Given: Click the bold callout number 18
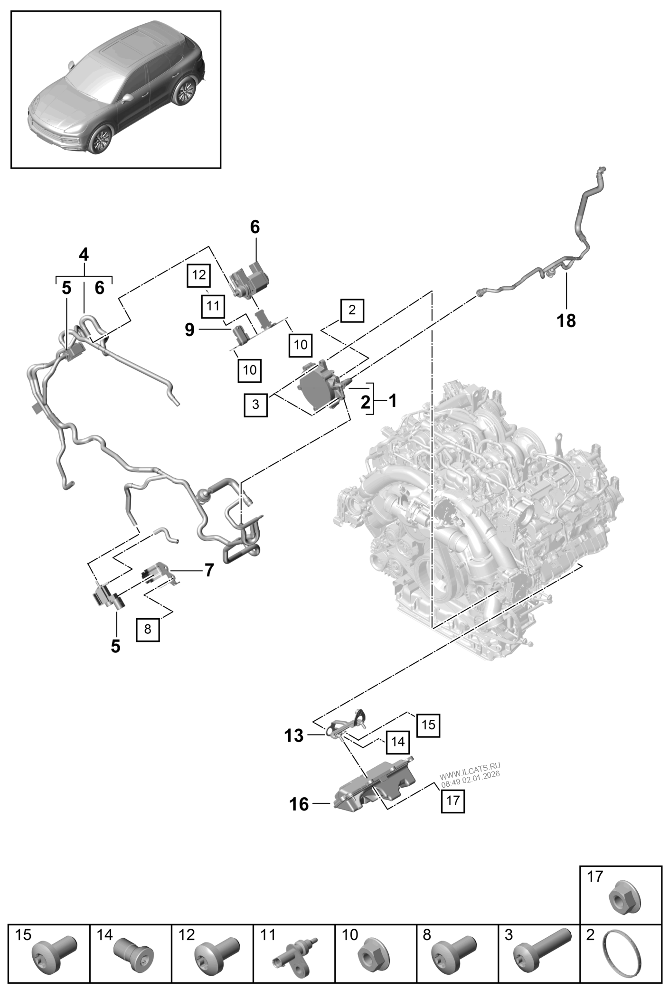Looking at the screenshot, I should point(566,321).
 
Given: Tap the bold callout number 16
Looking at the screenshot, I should point(300,804).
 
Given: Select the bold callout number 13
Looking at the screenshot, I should point(294,736).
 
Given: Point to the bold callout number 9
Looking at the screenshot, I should point(189,330).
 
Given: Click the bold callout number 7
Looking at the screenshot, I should point(208,570).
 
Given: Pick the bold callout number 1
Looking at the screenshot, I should point(392,401).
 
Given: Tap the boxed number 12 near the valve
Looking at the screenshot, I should point(199,275).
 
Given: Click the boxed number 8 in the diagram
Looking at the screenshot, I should point(148,629).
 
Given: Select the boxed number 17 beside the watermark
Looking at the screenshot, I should point(453,800).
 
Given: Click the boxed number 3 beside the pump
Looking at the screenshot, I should point(255,405).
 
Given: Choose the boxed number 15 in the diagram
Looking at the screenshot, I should point(428,725).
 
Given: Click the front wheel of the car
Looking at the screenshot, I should point(101,139).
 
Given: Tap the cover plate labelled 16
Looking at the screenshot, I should point(375,788).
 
